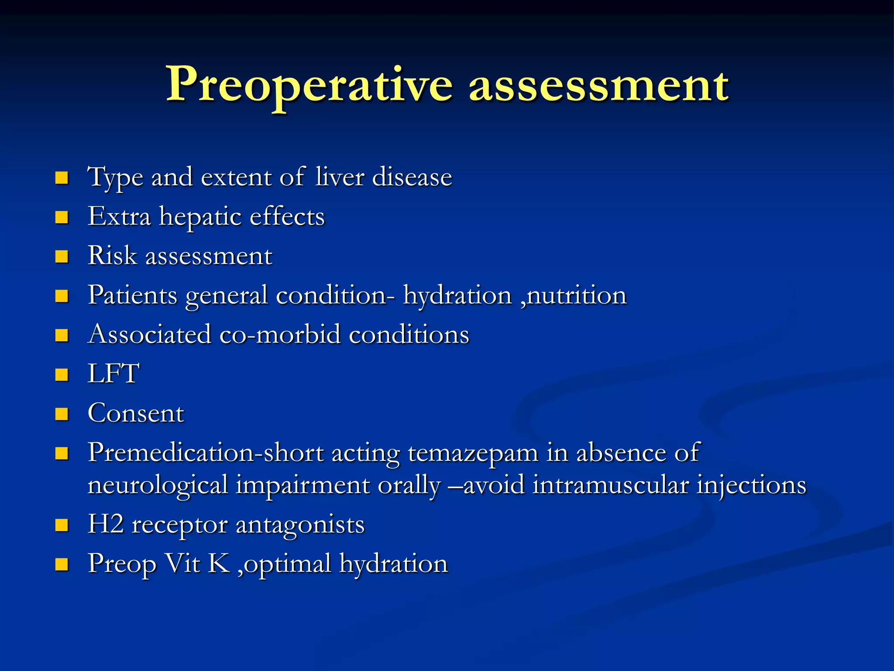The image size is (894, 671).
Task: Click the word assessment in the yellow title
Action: point(598,85)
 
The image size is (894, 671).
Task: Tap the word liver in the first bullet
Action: point(340,177)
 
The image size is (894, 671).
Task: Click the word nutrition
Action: point(577,295)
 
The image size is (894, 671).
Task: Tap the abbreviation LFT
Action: point(113,374)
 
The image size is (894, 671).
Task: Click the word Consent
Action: point(136,413)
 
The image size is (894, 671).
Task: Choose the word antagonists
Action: point(300,525)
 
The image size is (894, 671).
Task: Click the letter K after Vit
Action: point(219,564)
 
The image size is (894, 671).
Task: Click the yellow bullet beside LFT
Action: point(62,375)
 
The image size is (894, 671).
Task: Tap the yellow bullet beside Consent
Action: point(62,414)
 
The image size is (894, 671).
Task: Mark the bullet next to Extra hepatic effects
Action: point(62,217)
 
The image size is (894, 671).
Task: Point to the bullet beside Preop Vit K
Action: point(62,564)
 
